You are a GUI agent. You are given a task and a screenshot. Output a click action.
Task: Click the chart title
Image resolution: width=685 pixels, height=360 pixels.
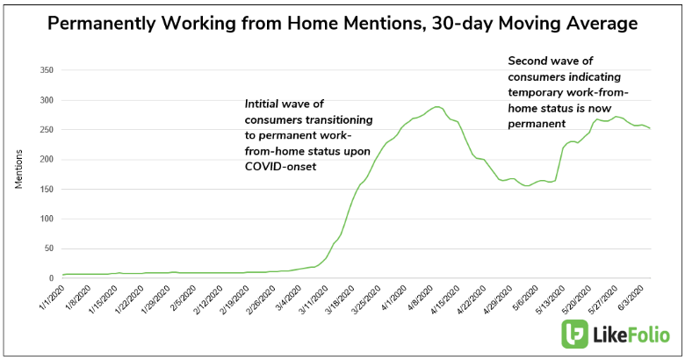click(342, 24)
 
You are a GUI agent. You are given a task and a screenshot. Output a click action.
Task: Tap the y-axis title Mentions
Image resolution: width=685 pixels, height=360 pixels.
click(18, 174)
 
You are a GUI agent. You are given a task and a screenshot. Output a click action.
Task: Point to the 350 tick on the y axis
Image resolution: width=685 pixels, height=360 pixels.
click(46, 69)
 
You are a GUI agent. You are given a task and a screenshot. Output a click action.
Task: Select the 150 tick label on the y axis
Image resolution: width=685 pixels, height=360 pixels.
click(46, 189)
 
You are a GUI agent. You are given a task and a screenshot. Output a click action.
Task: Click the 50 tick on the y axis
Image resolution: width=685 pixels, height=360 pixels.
click(48, 248)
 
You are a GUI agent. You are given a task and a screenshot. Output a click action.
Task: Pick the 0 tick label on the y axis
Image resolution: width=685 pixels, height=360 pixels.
click(52, 278)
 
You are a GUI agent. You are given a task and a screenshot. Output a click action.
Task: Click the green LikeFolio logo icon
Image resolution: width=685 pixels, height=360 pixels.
click(575, 335)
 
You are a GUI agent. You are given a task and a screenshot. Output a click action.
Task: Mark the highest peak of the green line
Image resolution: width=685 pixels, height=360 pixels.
click(436, 107)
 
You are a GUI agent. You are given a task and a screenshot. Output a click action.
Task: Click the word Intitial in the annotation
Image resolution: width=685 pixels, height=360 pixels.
click(268, 104)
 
